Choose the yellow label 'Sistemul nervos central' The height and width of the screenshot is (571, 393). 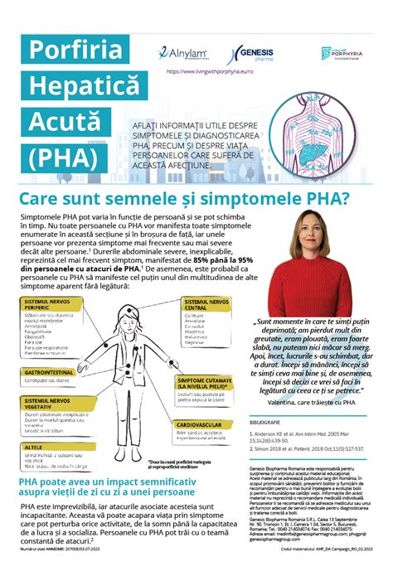pos(206,305)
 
